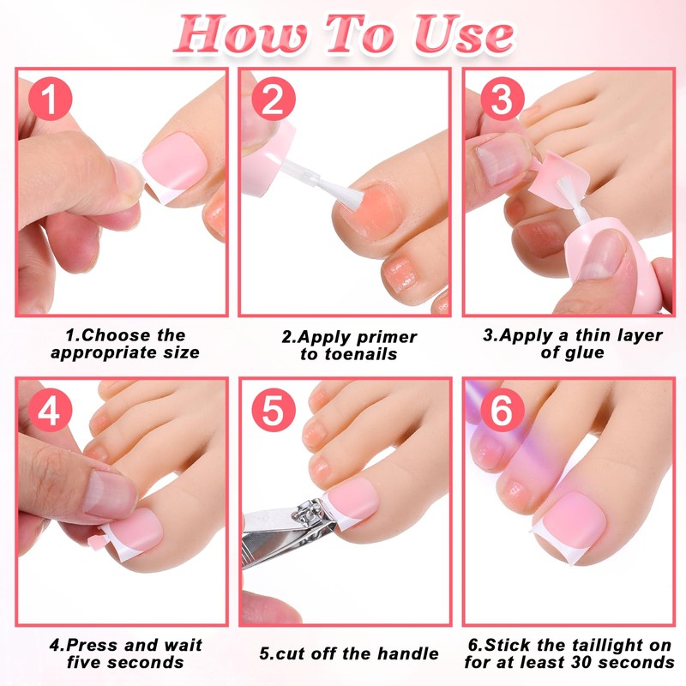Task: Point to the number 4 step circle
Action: click(50, 412)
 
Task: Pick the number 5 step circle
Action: click(273, 412)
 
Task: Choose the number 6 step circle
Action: click(502, 412)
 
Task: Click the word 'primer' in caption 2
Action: click(382, 336)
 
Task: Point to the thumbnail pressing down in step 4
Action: click(108, 493)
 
